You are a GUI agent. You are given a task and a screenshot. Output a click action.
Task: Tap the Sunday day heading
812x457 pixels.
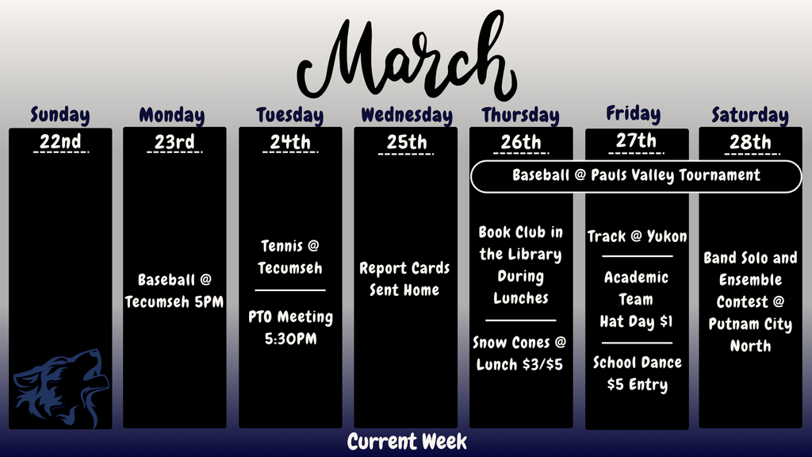[60, 115]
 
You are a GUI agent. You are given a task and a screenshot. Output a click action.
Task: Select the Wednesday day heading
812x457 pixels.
[406, 116]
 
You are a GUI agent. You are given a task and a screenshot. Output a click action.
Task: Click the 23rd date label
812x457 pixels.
[174, 143]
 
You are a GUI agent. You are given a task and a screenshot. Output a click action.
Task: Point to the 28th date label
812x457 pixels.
[750, 143]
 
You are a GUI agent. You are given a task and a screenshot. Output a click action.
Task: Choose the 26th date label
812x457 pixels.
[521, 143]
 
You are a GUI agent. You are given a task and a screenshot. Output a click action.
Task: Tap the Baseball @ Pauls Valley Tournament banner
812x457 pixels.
[636, 175]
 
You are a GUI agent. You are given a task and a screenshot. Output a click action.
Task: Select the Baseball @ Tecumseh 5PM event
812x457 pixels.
[174, 291]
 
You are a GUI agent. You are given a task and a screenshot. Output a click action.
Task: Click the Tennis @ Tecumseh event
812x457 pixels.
[290, 257]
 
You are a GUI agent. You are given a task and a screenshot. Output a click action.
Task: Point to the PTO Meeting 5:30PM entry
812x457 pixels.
[290, 328]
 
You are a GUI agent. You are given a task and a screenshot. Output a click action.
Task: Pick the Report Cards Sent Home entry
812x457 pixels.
[404, 279]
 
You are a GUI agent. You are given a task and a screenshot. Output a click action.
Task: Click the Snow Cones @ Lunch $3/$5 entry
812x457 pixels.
[520, 354]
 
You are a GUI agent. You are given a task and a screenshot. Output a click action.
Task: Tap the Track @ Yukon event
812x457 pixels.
[637, 236]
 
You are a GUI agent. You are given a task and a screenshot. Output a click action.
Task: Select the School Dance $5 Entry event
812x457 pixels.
[637, 374]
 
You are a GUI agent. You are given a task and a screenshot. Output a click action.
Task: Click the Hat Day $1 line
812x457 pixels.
[637, 322]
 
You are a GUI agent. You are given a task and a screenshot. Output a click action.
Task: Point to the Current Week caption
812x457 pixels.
[407, 442]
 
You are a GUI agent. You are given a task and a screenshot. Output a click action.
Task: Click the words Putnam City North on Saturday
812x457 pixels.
[750, 335]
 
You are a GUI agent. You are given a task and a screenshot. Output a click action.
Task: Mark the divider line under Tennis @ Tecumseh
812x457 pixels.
[290, 290]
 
